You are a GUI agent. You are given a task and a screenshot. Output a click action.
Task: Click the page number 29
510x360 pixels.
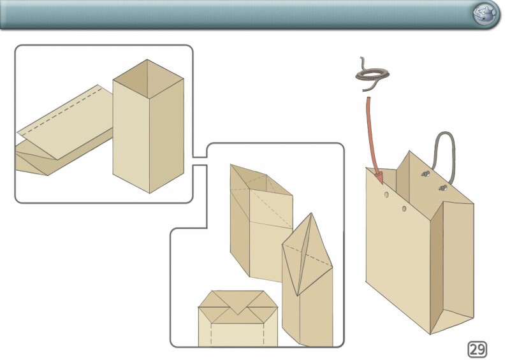477,349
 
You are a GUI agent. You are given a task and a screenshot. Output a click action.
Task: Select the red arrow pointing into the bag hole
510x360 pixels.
372,134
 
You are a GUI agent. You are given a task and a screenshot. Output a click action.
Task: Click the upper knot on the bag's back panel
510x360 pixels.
425,173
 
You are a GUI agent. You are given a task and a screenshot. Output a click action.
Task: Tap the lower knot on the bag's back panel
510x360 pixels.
441,187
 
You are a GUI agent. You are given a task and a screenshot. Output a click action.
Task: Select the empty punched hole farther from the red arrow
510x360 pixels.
404,208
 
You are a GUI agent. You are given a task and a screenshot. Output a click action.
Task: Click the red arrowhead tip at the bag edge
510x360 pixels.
379,173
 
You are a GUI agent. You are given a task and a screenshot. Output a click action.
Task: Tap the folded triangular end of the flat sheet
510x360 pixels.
32,162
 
